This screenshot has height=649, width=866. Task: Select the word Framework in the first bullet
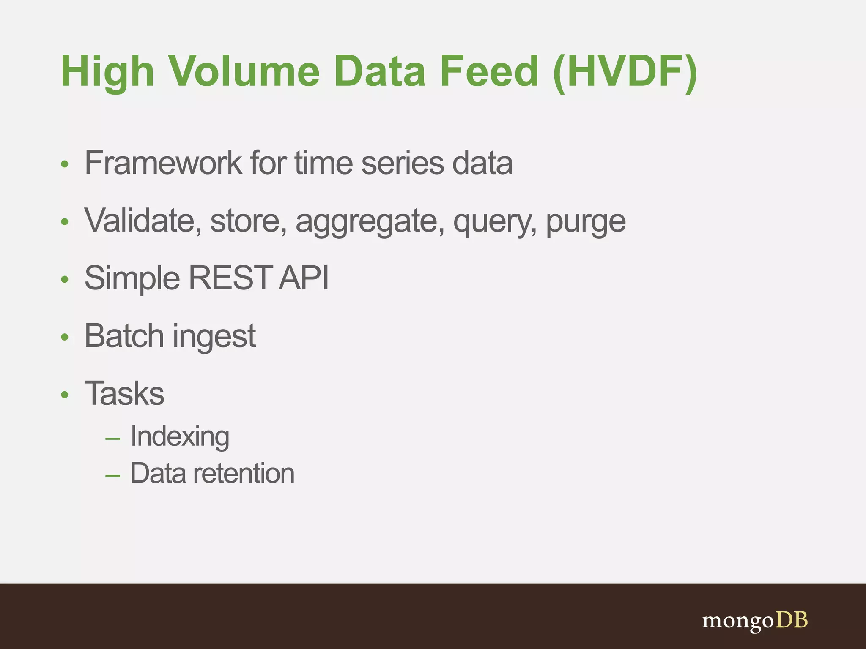pyautogui.click(x=163, y=163)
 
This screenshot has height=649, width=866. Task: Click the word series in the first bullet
pyautogui.click(x=402, y=163)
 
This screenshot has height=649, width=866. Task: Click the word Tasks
pyautogui.click(x=124, y=393)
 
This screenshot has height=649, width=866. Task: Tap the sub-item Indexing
pyautogui.click(x=180, y=436)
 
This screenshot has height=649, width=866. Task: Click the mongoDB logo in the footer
pyautogui.click(x=755, y=621)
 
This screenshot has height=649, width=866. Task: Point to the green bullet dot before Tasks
pyautogui.click(x=64, y=395)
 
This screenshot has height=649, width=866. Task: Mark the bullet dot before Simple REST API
pyautogui.click(x=64, y=280)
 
